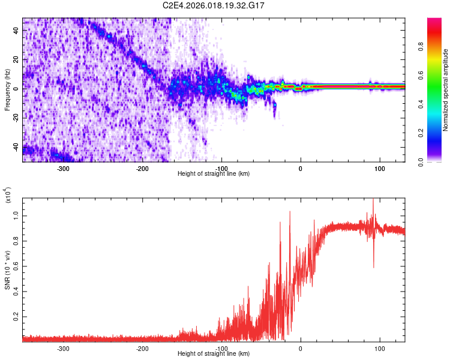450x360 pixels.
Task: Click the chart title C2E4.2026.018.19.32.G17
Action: tap(214, 5)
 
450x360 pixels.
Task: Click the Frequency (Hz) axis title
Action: tap(7, 89)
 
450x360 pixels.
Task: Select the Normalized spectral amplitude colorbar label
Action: tap(446, 90)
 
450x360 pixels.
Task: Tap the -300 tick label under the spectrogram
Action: tap(63, 169)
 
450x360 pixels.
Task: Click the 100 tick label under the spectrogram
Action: tap(380, 169)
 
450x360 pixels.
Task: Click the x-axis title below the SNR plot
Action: tap(214, 354)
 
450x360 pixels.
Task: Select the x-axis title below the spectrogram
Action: tap(214, 174)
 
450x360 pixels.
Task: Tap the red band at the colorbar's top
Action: tap(435, 22)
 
